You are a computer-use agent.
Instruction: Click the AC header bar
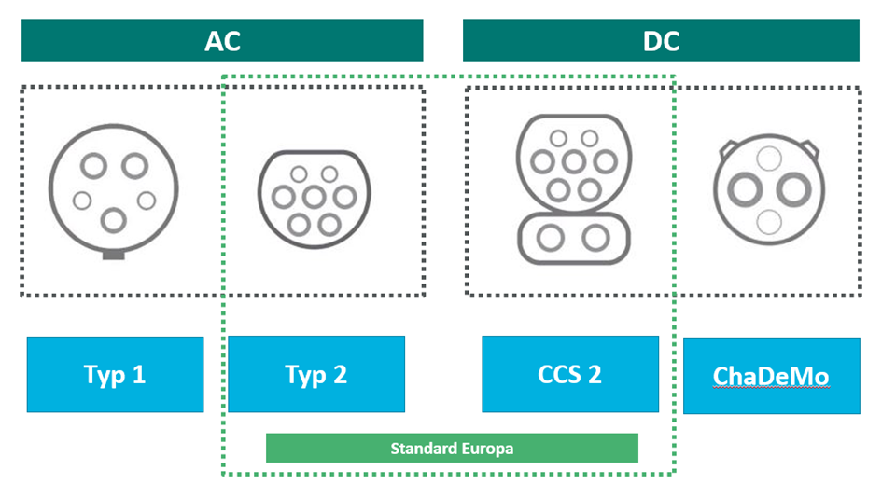222,41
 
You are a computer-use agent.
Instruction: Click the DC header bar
661,41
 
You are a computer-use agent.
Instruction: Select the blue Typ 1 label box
115,375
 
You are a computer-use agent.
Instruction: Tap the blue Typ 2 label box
316,375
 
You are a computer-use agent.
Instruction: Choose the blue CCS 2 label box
570,375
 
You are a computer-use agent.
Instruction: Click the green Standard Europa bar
452,448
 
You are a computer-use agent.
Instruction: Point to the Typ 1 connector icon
114,191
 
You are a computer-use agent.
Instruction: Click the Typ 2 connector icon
314,198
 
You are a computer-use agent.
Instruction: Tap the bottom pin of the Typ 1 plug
114,220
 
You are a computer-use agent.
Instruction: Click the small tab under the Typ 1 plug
114,253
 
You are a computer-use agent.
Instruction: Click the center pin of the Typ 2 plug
314,197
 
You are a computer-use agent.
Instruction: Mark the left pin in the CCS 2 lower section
548,239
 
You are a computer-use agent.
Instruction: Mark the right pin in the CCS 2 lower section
595,239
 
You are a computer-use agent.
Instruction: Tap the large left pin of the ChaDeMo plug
745,190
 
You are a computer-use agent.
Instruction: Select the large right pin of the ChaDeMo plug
793,190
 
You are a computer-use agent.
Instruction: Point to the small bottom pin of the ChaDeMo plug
769,222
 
